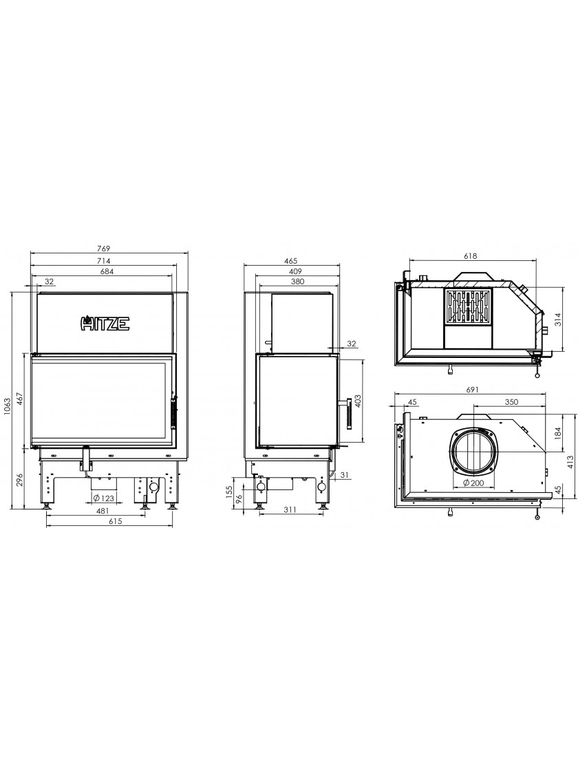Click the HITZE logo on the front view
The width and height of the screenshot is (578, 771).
point(105,323)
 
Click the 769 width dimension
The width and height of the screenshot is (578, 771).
point(104,249)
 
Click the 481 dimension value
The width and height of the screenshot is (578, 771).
point(103,511)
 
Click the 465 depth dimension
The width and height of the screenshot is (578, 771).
point(291,261)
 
